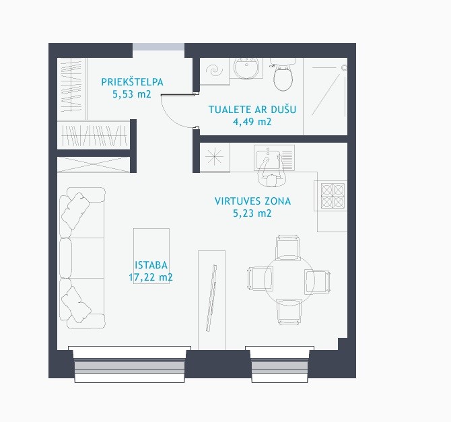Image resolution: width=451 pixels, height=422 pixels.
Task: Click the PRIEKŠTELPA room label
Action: coord(132,82)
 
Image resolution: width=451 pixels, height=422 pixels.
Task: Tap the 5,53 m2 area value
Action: coord(132,94)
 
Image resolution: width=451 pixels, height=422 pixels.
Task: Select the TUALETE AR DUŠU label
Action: coord(252,109)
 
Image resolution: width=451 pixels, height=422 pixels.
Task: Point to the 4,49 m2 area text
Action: coord(252,122)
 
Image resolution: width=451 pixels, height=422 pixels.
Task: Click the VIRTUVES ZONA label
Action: coord(253,201)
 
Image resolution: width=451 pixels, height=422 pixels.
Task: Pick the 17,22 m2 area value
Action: coord(151,277)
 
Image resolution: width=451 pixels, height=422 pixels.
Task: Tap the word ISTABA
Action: coord(151,265)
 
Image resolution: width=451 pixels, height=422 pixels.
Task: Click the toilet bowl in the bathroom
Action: coord(283,75)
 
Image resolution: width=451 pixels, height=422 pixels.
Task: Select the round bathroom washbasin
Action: coord(246,69)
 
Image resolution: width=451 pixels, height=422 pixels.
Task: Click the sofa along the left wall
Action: coord(82,258)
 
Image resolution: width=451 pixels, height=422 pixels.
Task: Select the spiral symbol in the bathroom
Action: coord(214,70)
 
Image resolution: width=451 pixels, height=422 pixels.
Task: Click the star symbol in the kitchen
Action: coord(214,157)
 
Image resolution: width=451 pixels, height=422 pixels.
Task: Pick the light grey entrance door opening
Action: coord(158,47)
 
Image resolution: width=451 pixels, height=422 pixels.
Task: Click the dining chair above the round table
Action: coord(287,248)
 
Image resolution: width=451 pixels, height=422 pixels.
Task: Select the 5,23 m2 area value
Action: coord(252,213)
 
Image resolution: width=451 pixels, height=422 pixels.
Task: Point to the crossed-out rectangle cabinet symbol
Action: coord(94,164)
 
